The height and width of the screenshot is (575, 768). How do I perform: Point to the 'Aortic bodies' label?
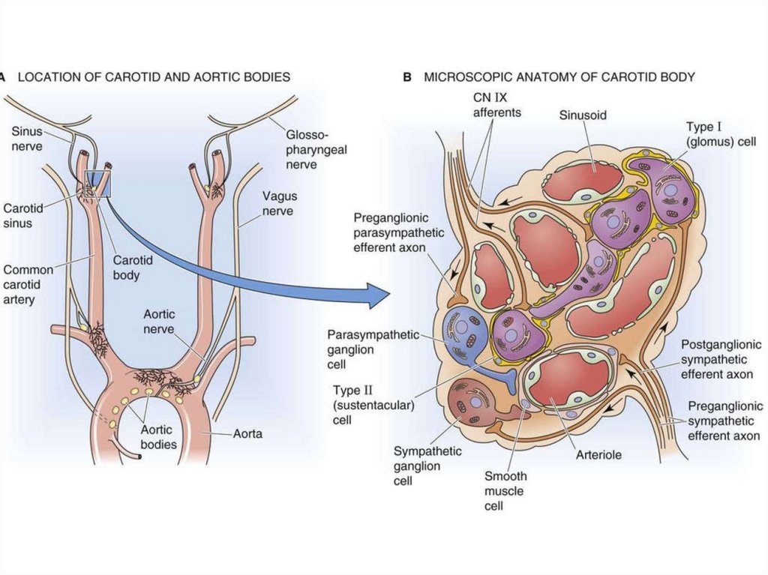pyautogui.click(x=159, y=437)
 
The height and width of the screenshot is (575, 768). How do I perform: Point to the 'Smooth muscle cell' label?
pyautogui.click(x=505, y=491)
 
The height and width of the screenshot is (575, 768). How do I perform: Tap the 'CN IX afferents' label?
pyautogui.click(x=496, y=105)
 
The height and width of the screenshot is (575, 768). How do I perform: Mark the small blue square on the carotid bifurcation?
pyautogui.click(x=97, y=184)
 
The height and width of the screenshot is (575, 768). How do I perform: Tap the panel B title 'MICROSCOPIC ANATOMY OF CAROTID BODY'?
pyautogui.click(x=559, y=76)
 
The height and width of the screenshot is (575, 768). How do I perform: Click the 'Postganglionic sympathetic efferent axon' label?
pyautogui.click(x=721, y=359)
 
